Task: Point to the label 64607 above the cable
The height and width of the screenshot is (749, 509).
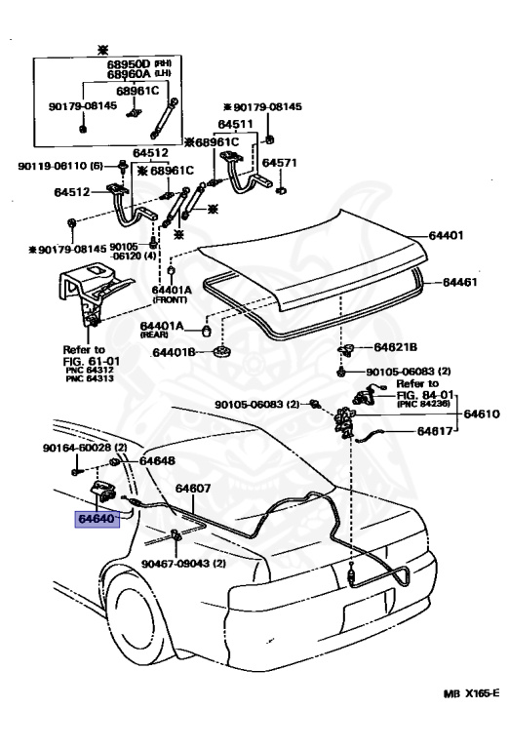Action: (x=193, y=488)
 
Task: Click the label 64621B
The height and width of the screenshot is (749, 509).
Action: (x=396, y=346)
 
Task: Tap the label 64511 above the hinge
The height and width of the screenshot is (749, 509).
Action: (x=235, y=124)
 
